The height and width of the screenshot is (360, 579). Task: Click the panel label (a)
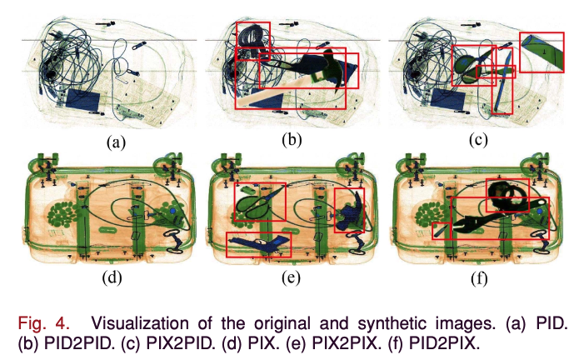116,142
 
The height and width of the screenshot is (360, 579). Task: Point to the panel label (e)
291,278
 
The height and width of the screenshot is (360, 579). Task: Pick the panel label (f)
477,278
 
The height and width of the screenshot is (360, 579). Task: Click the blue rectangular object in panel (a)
82,101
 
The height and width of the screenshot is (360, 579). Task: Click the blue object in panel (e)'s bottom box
259,243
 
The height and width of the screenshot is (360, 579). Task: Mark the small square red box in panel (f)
441,230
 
